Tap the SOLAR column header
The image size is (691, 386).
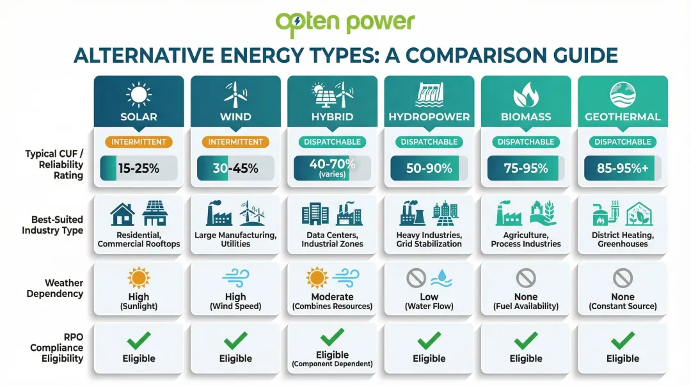pos(139,117)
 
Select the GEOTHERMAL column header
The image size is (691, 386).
pos(623,117)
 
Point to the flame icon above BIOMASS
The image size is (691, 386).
pos(526,96)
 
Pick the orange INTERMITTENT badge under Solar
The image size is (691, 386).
pos(139,141)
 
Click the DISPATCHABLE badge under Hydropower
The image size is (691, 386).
pos(429,141)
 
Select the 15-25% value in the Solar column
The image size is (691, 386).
pos(138,168)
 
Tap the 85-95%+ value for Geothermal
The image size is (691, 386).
pos(622,168)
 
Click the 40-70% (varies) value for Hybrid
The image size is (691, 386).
pos(332,168)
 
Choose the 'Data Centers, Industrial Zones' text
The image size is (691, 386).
pos(332,239)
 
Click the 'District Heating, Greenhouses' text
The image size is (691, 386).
pos(623,239)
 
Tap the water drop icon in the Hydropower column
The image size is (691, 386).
pos(440,278)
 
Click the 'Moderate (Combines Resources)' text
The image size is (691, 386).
pos(332,301)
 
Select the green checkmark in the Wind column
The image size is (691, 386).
pos(235,339)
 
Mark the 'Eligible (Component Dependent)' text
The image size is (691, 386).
pos(332,358)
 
